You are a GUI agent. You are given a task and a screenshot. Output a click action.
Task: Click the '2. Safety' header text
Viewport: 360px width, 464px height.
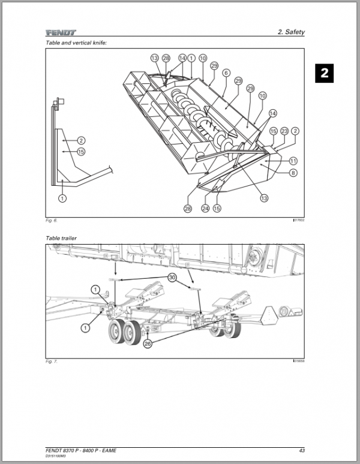pyautogui.click(x=292, y=32)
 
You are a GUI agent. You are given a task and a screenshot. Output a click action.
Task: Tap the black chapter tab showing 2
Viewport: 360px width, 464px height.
pyautogui.click(x=324, y=74)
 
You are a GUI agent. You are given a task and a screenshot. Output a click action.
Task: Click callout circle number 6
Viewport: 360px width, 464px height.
pyautogui.click(x=226, y=73)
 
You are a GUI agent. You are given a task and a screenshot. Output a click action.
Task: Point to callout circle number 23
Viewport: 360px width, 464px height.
pyautogui.click(x=284, y=131)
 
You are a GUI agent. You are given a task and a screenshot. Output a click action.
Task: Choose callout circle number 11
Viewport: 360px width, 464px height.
pyautogui.click(x=293, y=161)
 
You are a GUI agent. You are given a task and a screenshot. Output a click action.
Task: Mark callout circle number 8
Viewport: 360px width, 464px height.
pyautogui.click(x=293, y=173)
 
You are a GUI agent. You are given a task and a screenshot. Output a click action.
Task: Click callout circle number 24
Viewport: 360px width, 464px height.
pyautogui.click(x=205, y=209)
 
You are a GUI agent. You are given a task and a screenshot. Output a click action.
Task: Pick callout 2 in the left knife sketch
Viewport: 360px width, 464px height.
pyautogui.click(x=82, y=140)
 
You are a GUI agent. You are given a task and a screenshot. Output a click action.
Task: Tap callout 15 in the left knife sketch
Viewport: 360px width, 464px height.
pyautogui.click(x=82, y=152)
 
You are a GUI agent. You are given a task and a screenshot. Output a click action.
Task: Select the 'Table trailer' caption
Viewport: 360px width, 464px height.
pyautogui.click(x=61, y=238)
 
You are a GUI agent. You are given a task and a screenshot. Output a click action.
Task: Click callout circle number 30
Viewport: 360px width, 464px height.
pyautogui.click(x=173, y=278)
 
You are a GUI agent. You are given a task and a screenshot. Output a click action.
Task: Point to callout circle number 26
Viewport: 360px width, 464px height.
pyautogui.click(x=148, y=344)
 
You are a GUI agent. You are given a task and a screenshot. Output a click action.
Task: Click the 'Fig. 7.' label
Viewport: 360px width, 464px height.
pyautogui.click(x=52, y=362)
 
